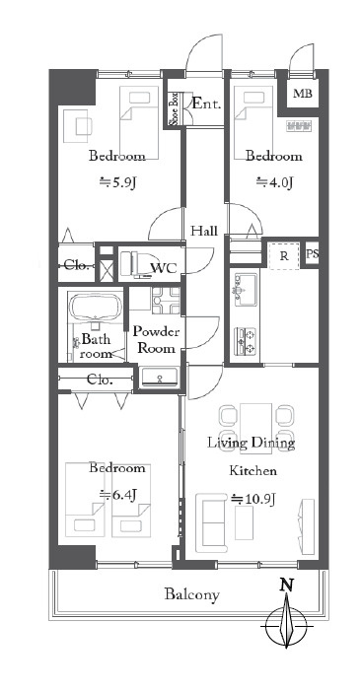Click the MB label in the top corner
tap(303, 94)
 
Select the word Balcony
tap(192, 595)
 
